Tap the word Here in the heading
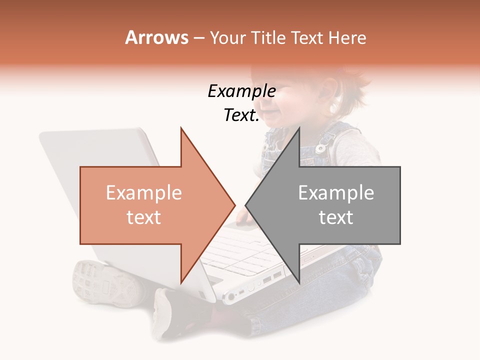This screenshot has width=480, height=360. coord(347,37)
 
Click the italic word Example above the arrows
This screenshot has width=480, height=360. coord(241,91)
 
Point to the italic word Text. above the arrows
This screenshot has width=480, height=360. coord(241,115)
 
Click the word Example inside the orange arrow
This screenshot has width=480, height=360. coord(143,193)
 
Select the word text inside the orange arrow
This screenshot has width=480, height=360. coord(143,217)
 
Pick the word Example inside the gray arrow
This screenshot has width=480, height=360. coord(336,193)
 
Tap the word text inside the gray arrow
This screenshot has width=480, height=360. coord(336,217)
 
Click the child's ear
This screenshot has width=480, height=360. coord(327,92)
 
